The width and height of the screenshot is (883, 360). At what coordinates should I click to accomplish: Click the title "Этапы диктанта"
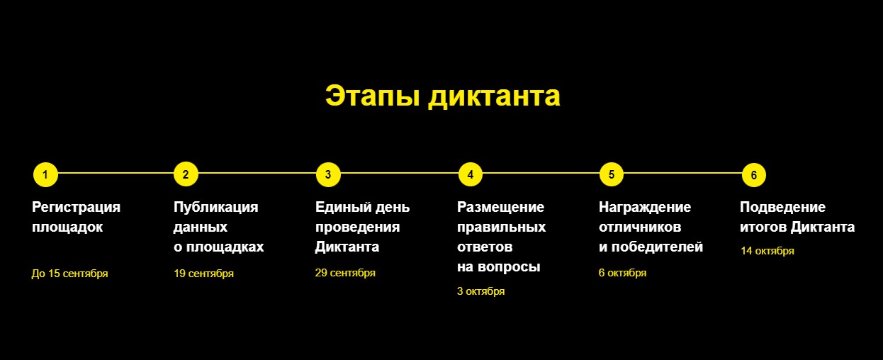(442, 96)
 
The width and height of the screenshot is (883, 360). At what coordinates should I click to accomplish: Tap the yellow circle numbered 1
(45, 174)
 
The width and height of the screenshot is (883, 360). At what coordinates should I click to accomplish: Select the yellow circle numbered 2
(186, 174)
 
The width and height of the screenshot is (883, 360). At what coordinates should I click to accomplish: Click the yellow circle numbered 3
(328, 174)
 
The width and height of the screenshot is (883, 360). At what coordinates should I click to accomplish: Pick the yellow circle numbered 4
(471, 174)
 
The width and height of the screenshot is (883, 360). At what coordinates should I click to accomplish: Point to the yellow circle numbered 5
(612, 174)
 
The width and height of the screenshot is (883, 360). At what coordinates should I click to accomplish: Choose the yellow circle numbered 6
(754, 174)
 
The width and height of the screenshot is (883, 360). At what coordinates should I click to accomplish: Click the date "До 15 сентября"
(69, 274)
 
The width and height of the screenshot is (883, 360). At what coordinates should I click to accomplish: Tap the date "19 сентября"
(203, 274)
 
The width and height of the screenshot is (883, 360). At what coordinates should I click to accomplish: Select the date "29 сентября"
(345, 273)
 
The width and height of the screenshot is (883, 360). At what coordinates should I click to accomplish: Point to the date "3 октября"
(480, 291)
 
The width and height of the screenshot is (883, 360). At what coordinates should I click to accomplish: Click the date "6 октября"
(622, 273)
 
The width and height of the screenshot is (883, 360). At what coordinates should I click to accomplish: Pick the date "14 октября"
(767, 251)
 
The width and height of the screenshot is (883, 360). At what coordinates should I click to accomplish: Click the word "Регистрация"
(76, 208)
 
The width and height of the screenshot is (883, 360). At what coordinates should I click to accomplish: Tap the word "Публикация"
(216, 208)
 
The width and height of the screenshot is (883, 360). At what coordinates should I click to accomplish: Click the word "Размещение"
(500, 208)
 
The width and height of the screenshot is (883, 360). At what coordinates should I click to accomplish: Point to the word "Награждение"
(645, 208)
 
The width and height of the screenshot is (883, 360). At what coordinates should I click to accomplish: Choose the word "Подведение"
(782, 208)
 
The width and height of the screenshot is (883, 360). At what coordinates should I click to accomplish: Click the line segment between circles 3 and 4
(399, 173)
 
